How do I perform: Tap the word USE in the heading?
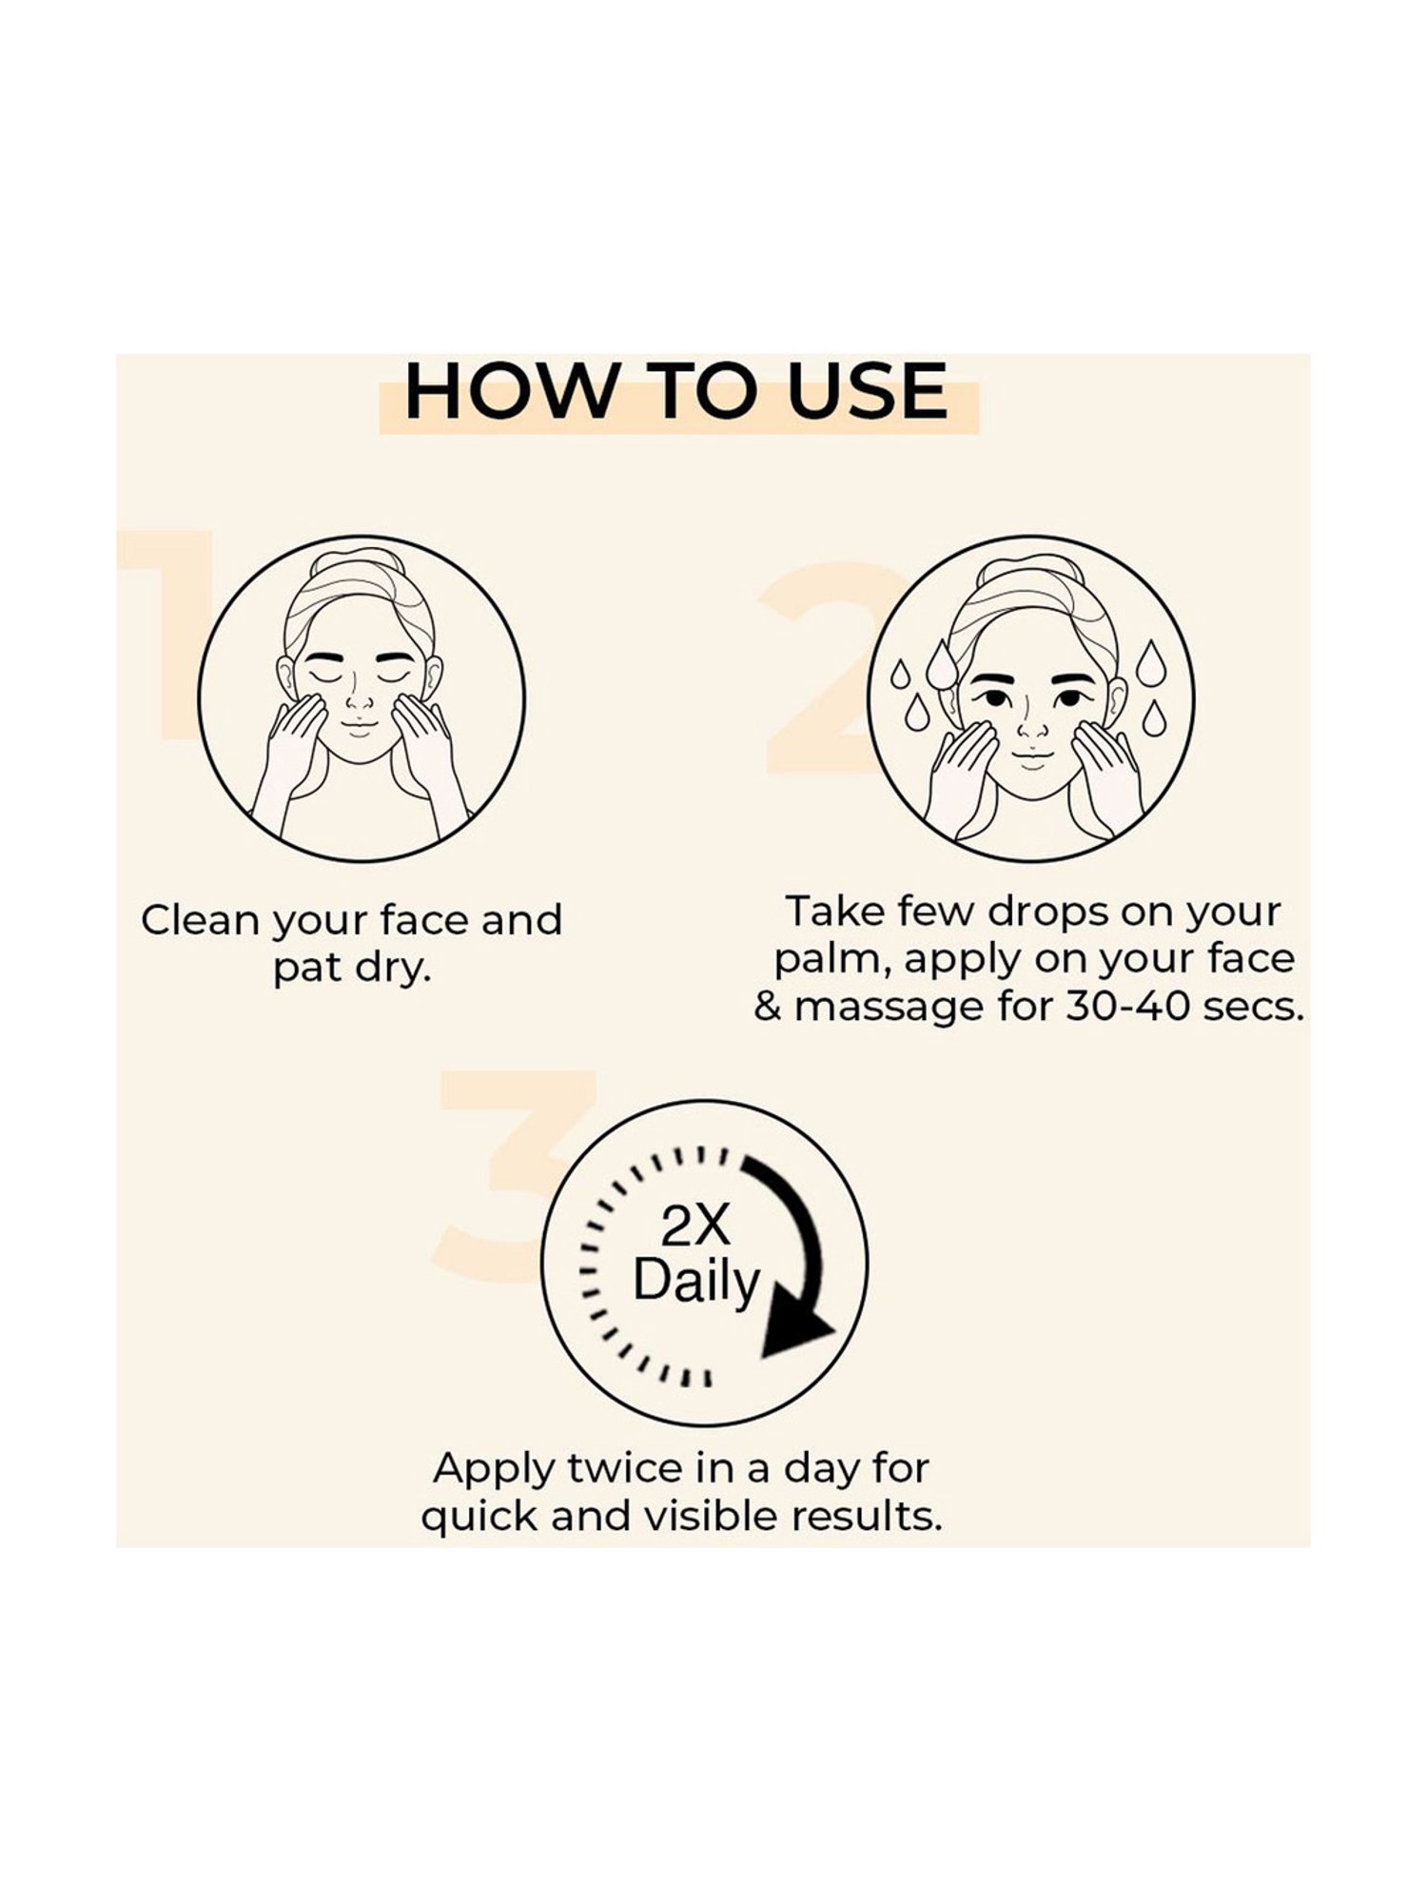tap(868, 391)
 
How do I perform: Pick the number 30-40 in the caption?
tap(1128, 1007)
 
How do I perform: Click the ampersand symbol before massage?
tap(768, 1008)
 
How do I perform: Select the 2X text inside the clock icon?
tap(695, 1228)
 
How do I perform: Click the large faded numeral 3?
tap(514, 1174)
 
